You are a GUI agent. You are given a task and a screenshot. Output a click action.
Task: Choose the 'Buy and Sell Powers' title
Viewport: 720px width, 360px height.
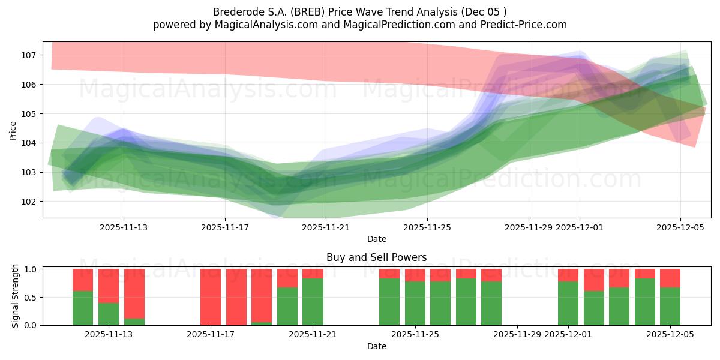coord(376,257)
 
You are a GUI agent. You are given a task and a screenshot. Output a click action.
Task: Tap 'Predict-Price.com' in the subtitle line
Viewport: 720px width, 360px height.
coord(526,25)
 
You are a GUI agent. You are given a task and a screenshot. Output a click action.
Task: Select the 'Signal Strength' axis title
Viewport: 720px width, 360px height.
coord(16,296)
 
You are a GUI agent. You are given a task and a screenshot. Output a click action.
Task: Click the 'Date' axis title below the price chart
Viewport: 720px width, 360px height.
coord(376,239)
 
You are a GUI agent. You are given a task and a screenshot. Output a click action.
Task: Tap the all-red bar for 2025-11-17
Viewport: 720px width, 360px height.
coord(211,297)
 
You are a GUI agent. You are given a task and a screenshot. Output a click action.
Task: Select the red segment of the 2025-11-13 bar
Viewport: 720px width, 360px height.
coord(109,286)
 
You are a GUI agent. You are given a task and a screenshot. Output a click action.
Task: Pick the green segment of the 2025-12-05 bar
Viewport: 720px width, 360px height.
coord(670,307)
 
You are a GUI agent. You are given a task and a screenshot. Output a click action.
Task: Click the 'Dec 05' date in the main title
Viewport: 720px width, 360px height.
coord(489,12)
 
